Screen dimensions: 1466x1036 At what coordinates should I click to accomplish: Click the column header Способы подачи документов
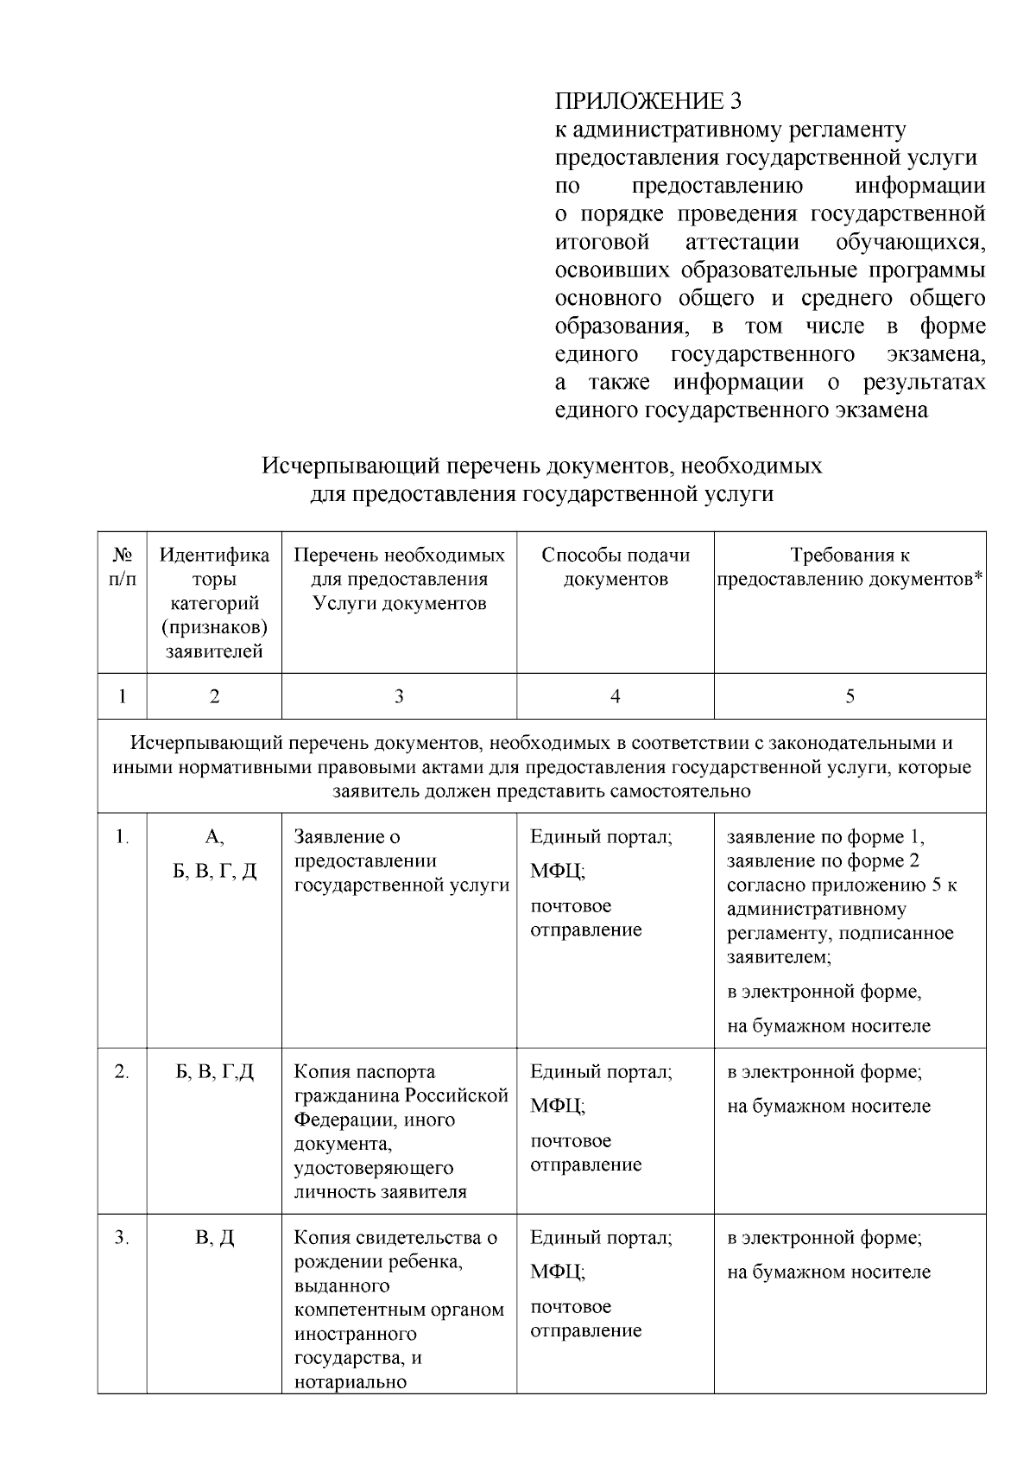(x=616, y=567)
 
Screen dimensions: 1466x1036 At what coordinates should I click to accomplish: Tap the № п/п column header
(x=122, y=567)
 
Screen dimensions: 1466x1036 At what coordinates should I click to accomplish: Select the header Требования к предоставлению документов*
(x=850, y=567)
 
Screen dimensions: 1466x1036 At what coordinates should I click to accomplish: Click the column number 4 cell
(x=615, y=696)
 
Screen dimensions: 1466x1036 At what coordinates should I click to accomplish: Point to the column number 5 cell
(x=850, y=696)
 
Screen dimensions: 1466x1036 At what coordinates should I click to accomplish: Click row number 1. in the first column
(x=122, y=836)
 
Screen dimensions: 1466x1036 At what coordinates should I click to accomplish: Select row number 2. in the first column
(x=122, y=1071)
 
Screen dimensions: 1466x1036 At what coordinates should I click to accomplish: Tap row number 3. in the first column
(x=122, y=1237)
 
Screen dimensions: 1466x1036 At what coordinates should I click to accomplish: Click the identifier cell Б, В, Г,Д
(x=214, y=1071)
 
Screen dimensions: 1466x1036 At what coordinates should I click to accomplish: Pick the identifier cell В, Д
(x=214, y=1237)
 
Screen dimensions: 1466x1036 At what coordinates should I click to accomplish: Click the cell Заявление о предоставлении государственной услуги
(x=401, y=860)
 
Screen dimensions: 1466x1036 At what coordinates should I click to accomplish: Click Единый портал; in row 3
(x=601, y=1237)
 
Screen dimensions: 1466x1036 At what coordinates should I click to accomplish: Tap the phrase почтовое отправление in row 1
(x=585, y=917)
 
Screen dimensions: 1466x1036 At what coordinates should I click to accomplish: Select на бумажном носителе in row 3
(x=829, y=1272)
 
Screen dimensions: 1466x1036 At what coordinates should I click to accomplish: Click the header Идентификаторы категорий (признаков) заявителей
(x=214, y=603)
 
